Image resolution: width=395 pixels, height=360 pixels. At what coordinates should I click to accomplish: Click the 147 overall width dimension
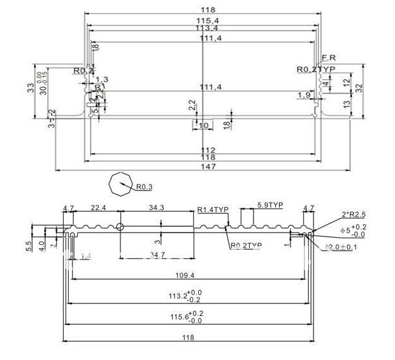point(203,167)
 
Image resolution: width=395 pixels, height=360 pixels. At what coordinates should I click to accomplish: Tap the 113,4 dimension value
point(203,29)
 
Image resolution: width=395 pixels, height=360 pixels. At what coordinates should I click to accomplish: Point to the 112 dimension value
point(203,150)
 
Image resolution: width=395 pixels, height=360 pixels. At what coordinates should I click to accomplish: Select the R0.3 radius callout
point(144,187)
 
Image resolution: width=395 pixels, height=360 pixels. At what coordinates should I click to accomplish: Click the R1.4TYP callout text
point(213,210)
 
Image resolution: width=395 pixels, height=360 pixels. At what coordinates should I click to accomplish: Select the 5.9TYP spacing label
point(270,205)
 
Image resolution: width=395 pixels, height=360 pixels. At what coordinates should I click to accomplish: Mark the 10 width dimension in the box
point(203,126)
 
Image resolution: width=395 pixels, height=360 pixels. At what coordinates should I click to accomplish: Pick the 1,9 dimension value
point(304,95)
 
